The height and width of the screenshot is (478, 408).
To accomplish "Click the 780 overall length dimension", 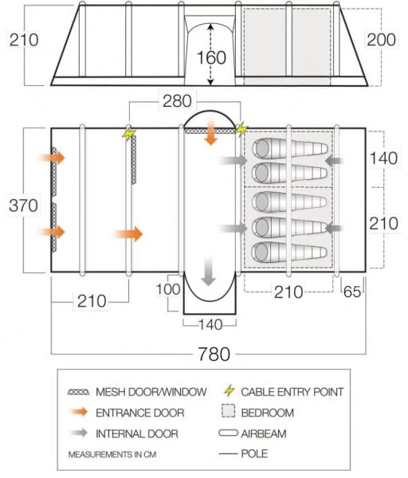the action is click(214, 354).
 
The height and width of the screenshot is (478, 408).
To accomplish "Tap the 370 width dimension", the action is click(23, 206).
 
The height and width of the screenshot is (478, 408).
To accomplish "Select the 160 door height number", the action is click(211, 57).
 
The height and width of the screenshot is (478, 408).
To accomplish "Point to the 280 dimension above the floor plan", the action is click(177, 101).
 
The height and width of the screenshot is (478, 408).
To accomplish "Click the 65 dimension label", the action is click(352, 292).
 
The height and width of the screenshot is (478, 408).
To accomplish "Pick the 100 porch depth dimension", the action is click(168, 289).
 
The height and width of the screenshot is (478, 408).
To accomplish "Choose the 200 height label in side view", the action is click(382, 40).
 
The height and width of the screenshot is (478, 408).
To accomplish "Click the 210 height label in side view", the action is click(24, 40).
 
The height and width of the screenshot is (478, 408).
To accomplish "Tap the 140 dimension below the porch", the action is click(210, 325).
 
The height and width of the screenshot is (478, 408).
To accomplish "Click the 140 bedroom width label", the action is click(383, 159).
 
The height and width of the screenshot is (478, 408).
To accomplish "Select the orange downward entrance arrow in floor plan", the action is click(210, 132).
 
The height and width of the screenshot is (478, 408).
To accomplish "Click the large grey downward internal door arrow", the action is click(209, 271).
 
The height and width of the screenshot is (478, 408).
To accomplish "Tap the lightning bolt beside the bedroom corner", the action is click(241, 129).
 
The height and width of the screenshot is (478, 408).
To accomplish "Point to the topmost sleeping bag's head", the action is click(262, 148).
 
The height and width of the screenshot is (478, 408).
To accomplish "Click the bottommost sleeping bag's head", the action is click(261, 253).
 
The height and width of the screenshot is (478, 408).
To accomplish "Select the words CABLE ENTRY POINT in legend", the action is click(292, 392).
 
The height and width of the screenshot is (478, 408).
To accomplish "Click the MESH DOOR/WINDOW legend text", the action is click(151, 392).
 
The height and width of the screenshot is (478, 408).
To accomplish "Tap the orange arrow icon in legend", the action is click(79, 412).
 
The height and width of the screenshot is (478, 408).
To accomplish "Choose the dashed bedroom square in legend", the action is click(229, 411).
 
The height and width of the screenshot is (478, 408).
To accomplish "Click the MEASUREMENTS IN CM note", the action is click(112, 455).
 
